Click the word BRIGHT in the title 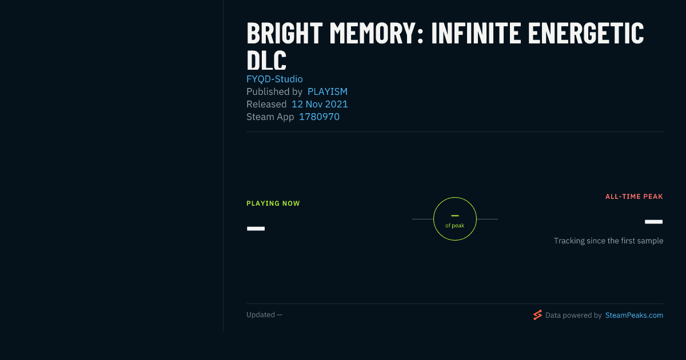coord(285,33)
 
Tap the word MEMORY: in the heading coord(377,33)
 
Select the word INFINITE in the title coord(476,33)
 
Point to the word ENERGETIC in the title coord(586,33)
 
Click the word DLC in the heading coord(266,61)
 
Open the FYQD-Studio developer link coord(274,79)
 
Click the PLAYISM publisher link coord(328,91)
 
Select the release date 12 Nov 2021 coord(320,104)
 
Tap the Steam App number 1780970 coord(319,117)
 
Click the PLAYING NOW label coord(273,203)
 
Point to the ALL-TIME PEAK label coord(634,197)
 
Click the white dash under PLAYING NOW coord(256,229)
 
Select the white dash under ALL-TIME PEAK coord(653,222)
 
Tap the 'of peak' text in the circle coord(455,226)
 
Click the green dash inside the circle coord(455,216)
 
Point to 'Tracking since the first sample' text coord(608,241)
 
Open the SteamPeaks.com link coord(634,315)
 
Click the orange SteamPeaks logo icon coord(537,315)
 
